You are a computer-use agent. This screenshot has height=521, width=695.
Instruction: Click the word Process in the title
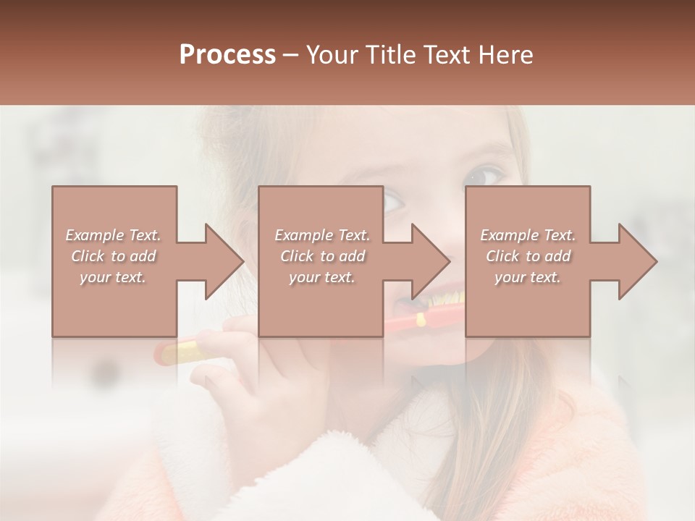click(x=227, y=55)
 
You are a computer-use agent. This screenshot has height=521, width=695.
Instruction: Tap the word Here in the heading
click(x=505, y=55)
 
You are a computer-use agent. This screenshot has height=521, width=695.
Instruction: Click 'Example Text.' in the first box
click(x=113, y=235)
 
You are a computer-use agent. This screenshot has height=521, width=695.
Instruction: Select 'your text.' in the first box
click(x=113, y=277)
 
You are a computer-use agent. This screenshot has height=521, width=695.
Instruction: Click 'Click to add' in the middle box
click(x=322, y=256)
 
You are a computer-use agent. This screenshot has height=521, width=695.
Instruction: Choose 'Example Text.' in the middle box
click(x=322, y=235)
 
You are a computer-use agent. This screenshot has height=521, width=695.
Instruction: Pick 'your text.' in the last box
click(x=528, y=277)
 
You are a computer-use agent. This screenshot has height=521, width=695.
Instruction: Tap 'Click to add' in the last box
click(x=528, y=256)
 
